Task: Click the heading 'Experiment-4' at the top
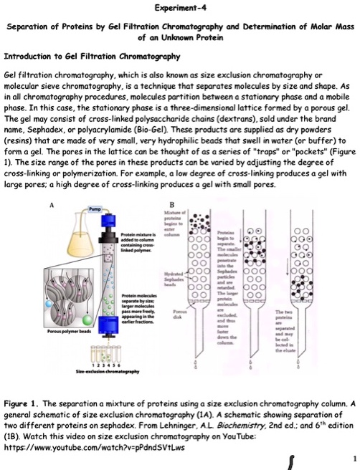click(x=180, y=8)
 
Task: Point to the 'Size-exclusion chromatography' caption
click(x=94, y=371)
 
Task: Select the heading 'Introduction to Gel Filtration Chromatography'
click(x=82, y=55)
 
